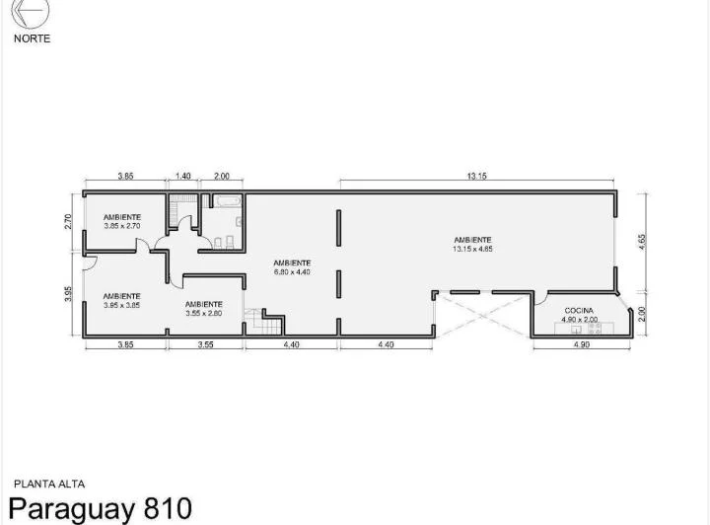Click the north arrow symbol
click(30, 12)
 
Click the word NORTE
click(32, 38)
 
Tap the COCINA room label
click(579, 311)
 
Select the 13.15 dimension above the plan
click(477, 176)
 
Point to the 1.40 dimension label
click(183, 176)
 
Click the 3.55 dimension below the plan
click(205, 344)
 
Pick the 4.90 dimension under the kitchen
click(582, 344)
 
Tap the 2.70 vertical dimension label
click(68, 221)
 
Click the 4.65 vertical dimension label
click(642, 242)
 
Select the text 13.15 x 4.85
click(472, 249)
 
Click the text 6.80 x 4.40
click(292, 272)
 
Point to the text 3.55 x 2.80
click(204, 314)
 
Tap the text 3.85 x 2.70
click(122, 226)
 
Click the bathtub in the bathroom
click(228, 201)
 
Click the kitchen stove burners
click(594, 329)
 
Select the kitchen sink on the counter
click(576, 330)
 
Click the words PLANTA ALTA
click(49, 485)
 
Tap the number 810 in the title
click(168, 508)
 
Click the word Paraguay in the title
click(72, 510)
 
